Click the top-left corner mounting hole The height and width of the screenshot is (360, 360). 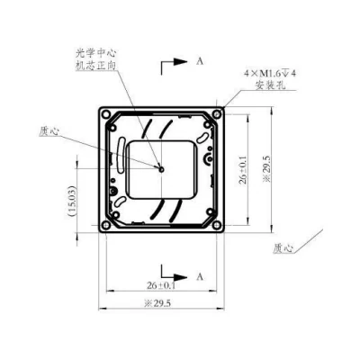(106, 114)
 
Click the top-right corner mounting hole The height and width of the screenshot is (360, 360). (217, 114)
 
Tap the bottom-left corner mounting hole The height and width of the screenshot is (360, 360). (106, 225)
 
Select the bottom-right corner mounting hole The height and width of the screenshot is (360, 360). (217, 225)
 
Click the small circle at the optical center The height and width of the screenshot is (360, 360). (162, 169)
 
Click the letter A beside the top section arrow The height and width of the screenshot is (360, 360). (200, 61)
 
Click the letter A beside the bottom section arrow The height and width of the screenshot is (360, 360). (200, 277)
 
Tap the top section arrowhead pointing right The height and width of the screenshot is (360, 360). (181, 61)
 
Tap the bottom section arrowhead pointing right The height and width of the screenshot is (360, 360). (181, 277)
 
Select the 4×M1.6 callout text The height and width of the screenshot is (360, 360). (269, 74)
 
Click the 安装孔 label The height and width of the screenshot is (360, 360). (270, 85)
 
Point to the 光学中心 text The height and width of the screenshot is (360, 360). (95, 54)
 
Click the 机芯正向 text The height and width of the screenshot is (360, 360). (95, 66)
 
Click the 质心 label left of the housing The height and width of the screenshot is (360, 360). (49, 131)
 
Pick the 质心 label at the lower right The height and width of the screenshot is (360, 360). (283, 248)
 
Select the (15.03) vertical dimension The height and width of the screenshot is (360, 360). (73, 202)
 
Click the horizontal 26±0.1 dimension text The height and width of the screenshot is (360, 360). (161, 285)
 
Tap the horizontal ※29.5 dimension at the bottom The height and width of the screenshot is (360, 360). (157, 303)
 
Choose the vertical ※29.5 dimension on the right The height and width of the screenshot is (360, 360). (266, 169)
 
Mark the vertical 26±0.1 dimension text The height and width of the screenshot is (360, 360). (243, 170)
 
